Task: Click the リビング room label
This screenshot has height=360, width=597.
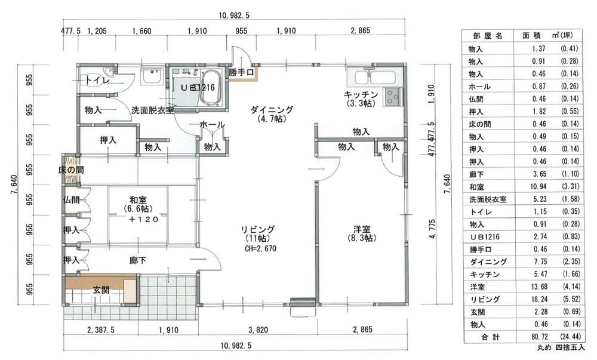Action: (257, 230)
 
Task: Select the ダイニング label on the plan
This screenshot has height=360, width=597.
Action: (272, 110)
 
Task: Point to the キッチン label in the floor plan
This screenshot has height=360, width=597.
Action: (361, 94)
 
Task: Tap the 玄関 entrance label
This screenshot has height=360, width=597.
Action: (101, 290)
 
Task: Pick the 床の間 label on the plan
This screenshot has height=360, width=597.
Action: (71, 170)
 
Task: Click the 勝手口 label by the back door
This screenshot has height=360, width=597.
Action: (241, 72)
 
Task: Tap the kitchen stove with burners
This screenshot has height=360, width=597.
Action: (392, 96)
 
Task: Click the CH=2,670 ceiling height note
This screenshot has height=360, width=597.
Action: (260, 249)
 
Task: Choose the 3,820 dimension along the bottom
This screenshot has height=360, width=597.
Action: (258, 330)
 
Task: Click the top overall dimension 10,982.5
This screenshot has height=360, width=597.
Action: (234, 16)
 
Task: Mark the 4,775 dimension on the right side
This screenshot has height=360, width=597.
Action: (432, 229)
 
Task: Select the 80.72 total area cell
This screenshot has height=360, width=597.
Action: (539, 337)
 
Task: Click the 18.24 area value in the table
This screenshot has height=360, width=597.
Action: (539, 299)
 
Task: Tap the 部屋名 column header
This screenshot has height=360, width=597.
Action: (488, 36)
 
